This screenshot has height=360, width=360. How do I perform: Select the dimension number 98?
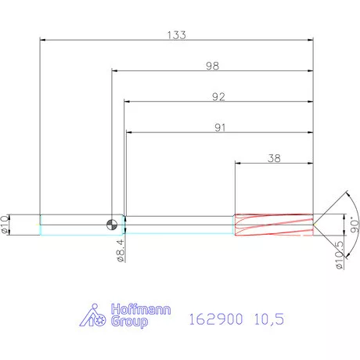[x=212, y=67]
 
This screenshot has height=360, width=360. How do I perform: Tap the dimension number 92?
[x=218, y=98]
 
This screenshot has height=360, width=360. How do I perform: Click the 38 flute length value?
[x=275, y=157]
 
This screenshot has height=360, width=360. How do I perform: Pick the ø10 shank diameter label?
[x=7, y=224]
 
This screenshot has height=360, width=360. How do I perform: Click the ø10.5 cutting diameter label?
[x=339, y=255]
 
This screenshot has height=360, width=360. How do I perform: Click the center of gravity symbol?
[x=114, y=224]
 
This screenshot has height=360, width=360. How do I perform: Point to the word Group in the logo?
[x=124, y=321]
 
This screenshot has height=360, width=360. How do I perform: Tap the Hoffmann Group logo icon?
[x=95, y=315]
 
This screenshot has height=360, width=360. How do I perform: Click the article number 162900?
[x=216, y=319]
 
